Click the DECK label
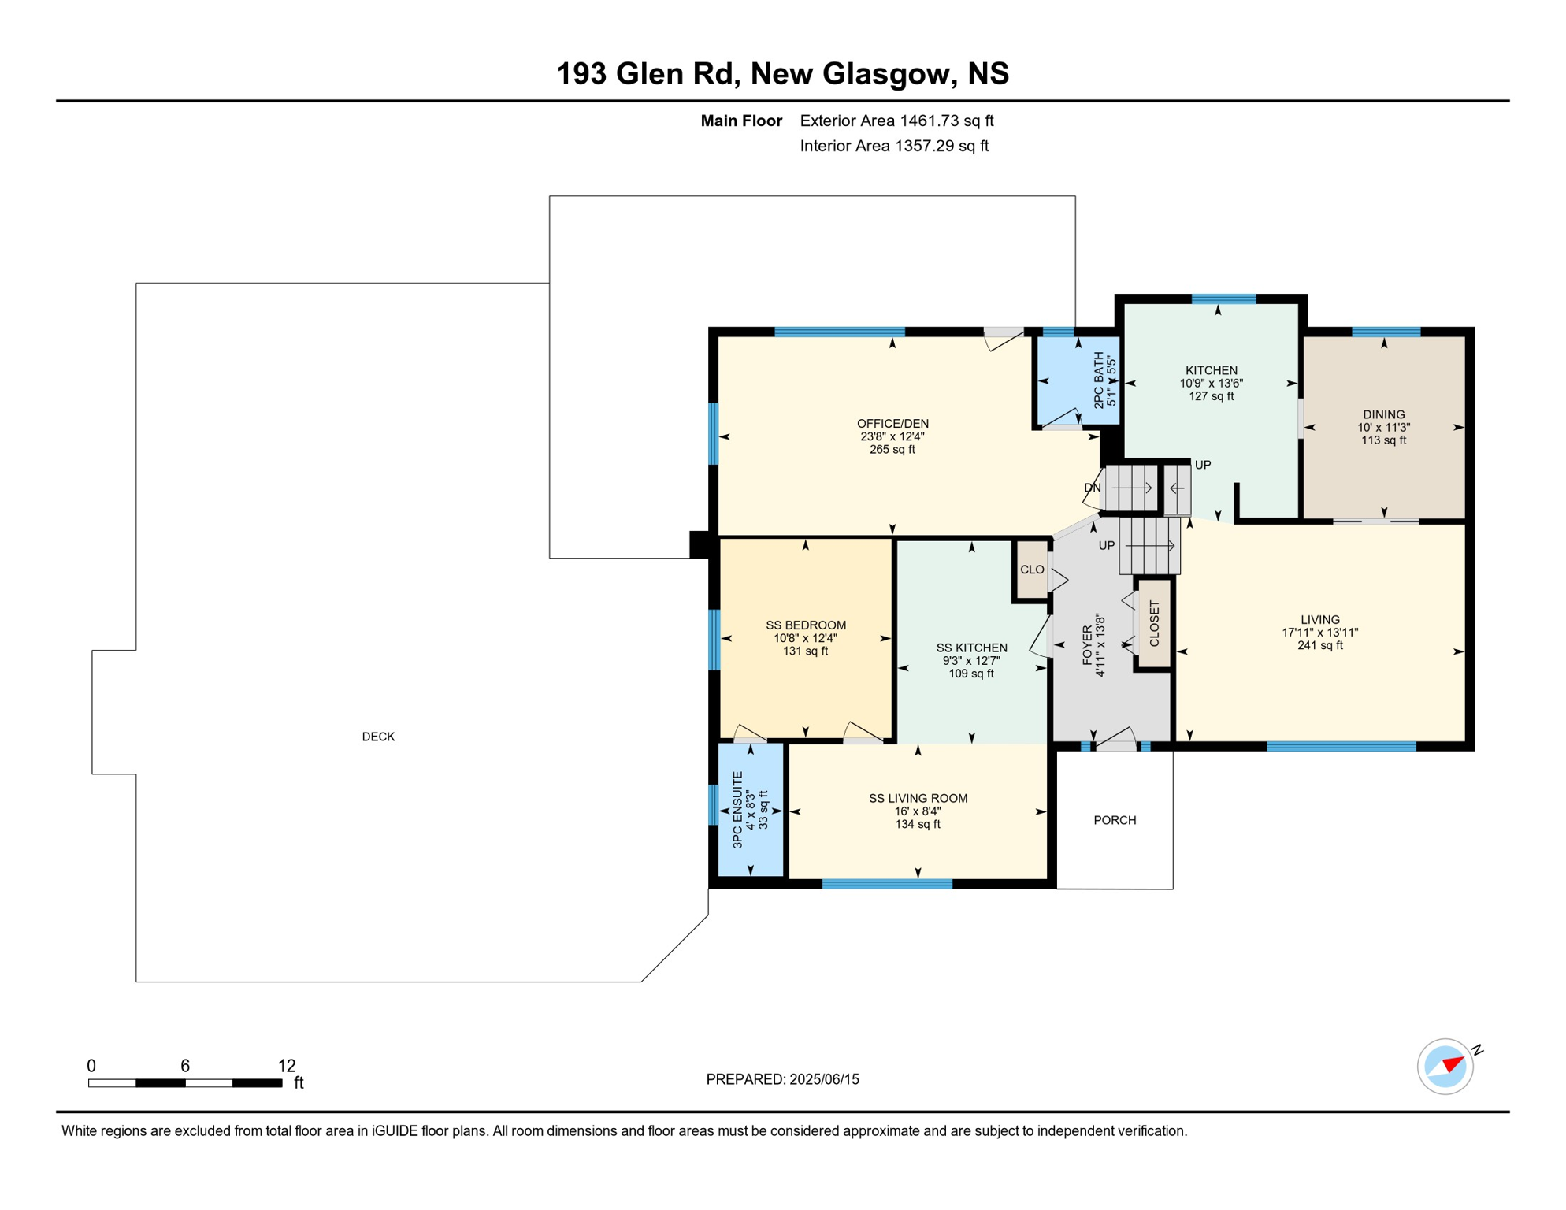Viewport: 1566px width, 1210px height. point(378,737)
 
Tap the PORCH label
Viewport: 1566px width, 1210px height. point(1115,820)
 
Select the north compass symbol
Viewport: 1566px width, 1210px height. point(1446,1066)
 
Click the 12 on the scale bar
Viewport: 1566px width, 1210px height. point(287,1066)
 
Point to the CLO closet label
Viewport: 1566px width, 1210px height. point(1032,570)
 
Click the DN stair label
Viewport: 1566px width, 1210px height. point(1092,488)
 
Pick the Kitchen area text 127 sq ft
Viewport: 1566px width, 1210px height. point(1212,396)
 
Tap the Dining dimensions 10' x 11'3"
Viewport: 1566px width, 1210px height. point(1383,428)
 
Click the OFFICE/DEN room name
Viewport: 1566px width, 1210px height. point(892,424)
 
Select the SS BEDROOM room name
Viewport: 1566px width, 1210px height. point(806,625)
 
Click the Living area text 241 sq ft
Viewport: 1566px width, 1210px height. point(1320,645)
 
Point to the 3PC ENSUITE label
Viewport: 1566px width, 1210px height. point(738,810)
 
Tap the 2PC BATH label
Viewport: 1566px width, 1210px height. point(1099,380)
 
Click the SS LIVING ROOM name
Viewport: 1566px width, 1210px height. point(918,798)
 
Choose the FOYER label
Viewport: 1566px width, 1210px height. point(1087,646)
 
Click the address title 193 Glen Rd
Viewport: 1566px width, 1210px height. point(648,74)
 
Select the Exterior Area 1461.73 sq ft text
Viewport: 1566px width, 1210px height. point(896,121)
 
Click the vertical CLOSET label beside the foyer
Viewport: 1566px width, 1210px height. point(1154,624)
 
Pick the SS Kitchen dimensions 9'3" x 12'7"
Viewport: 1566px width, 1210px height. point(971,661)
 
